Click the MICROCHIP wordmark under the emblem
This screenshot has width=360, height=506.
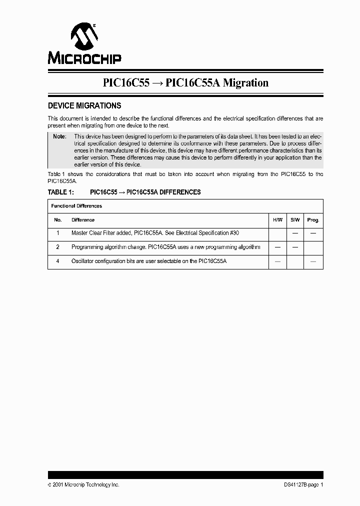(84, 58)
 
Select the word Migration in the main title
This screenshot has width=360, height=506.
(245, 83)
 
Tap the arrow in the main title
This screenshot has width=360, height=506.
(157, 83)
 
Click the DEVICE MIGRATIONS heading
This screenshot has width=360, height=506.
(84, 106)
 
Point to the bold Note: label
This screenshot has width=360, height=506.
(59, 136)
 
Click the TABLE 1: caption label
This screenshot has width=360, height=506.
(60, 192)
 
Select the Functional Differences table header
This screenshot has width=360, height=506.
(76, 206)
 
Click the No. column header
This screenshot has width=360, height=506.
(57, 220)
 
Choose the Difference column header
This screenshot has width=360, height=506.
(83, 220)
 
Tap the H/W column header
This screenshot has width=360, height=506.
(277, 220)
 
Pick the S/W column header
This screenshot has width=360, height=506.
(295, 220)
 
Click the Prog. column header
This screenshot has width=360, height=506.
(313, 220)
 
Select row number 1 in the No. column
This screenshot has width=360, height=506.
(57, 233)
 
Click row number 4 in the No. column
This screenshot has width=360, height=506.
(57, 261)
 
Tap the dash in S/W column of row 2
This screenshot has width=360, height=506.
(295, 247)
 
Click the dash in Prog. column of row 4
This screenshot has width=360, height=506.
(313, 261)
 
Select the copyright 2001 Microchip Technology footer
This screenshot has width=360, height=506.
(83, 484)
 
